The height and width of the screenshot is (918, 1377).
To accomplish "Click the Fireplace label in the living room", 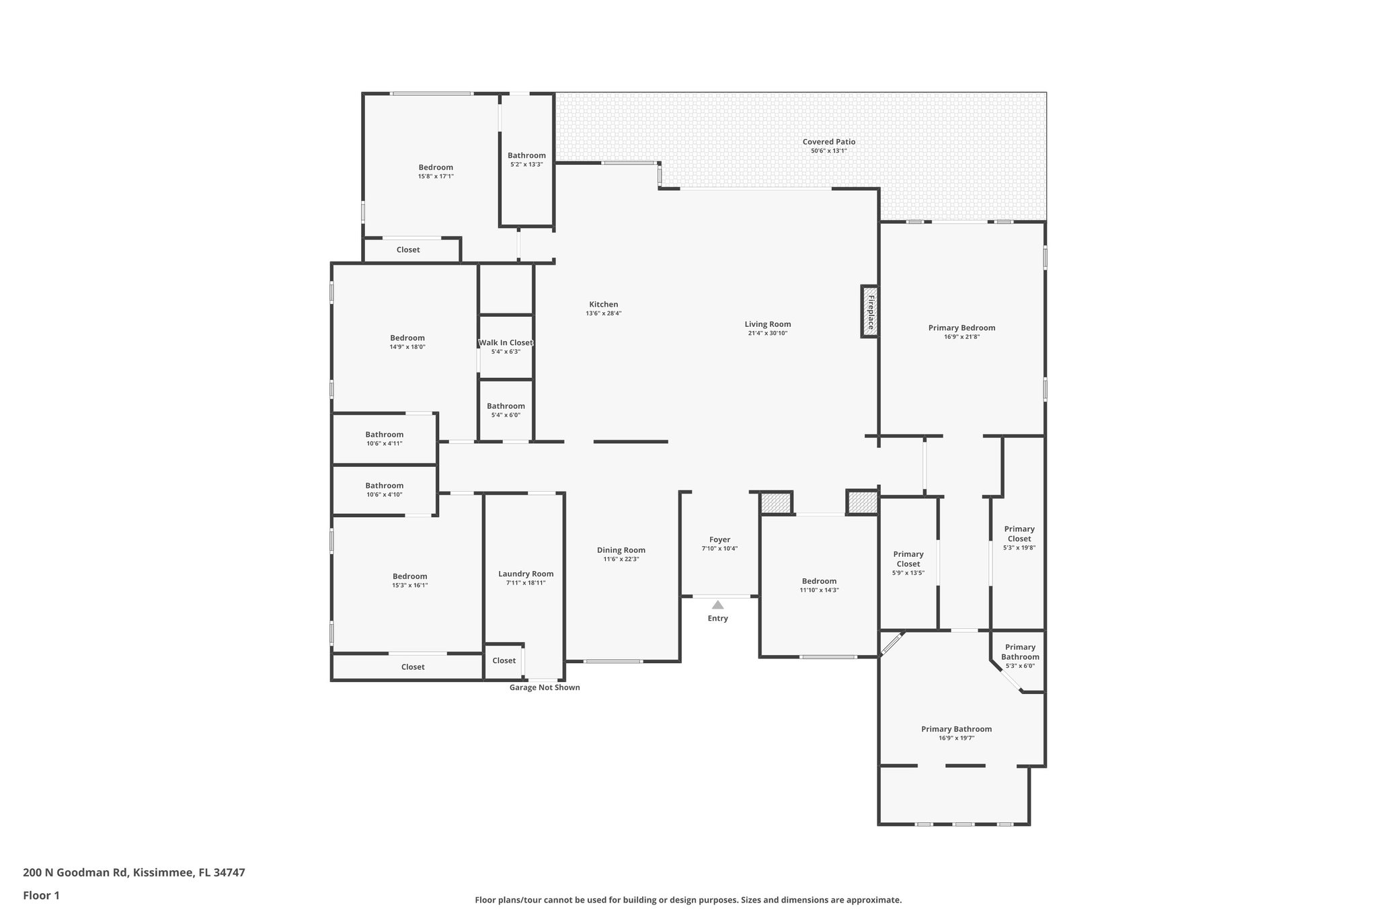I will pyautogui.click(x=870, y=311).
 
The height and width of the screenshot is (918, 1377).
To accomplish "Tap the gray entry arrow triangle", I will pyautogui.click(x=717, y=605).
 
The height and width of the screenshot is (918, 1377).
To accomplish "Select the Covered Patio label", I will pyautogui.click(x=828, y=142).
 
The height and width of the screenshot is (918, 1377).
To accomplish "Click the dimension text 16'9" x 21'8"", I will pyautogui.click(x=961, y=337).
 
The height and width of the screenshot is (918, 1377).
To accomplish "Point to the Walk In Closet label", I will pyautogui.click(x=506, y=343).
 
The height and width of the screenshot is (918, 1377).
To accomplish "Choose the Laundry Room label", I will pyautogui.click(x=526, y=574).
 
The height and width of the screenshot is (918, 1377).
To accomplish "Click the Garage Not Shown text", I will pyautogui.click(x=544, y=687).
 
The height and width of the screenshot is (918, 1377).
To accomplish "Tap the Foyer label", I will pyautogui.click(x=719, y=539).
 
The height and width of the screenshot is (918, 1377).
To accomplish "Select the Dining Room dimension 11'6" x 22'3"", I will pyautogui.click(x=621, y=559).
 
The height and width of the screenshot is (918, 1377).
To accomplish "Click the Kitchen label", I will pyautogui.click(x=603, y=305).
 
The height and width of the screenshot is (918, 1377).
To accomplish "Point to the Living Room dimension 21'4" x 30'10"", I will pyautogui.click(x=767, y=334).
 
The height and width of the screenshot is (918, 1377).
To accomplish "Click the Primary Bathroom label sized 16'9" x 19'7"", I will pyautogui.click(x=956, y=729).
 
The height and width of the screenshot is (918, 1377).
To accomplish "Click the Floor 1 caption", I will pyautogui.click(x=41, y=895).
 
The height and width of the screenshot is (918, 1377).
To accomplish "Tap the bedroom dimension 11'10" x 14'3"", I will pyautogui.click(x=819, y=590).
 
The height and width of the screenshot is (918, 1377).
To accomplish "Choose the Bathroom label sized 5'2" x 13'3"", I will pyautogui.click(x=526, y=155).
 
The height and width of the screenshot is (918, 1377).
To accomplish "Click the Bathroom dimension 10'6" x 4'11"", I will pyautogui.click(x=384, y=443).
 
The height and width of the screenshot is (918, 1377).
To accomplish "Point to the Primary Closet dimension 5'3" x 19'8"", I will pyautogui.click(x=1019, y=547).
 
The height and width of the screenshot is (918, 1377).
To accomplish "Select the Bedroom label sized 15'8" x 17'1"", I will pyautogui.click(x=436, y=167).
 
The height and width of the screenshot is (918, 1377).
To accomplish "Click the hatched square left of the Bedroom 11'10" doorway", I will pyautogui.click(x=776, y=503).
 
